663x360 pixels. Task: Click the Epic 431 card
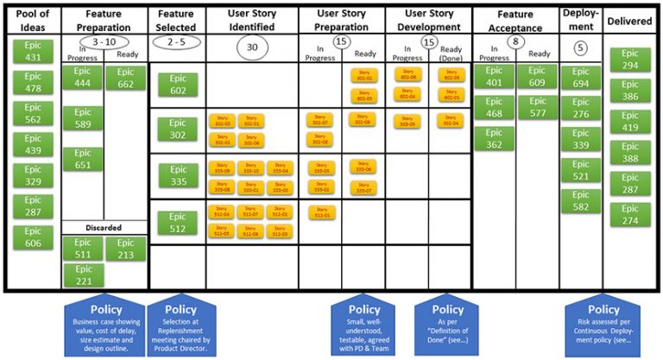tap(33, 53)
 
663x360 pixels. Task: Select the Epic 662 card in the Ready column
tap(125, 79)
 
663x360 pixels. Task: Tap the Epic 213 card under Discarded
tap(125, 249)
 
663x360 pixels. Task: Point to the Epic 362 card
tap(493, 139)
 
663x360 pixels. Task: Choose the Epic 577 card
tap(536, 108)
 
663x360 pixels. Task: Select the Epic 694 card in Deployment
tap(581, 79)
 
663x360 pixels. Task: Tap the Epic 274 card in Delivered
tap(631, 215)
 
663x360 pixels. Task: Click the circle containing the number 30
tap(252, 47)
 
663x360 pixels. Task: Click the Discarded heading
tap(104, 228)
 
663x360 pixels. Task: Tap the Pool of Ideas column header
tap(32, 22)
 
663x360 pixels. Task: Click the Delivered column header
tap(630, 20)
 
